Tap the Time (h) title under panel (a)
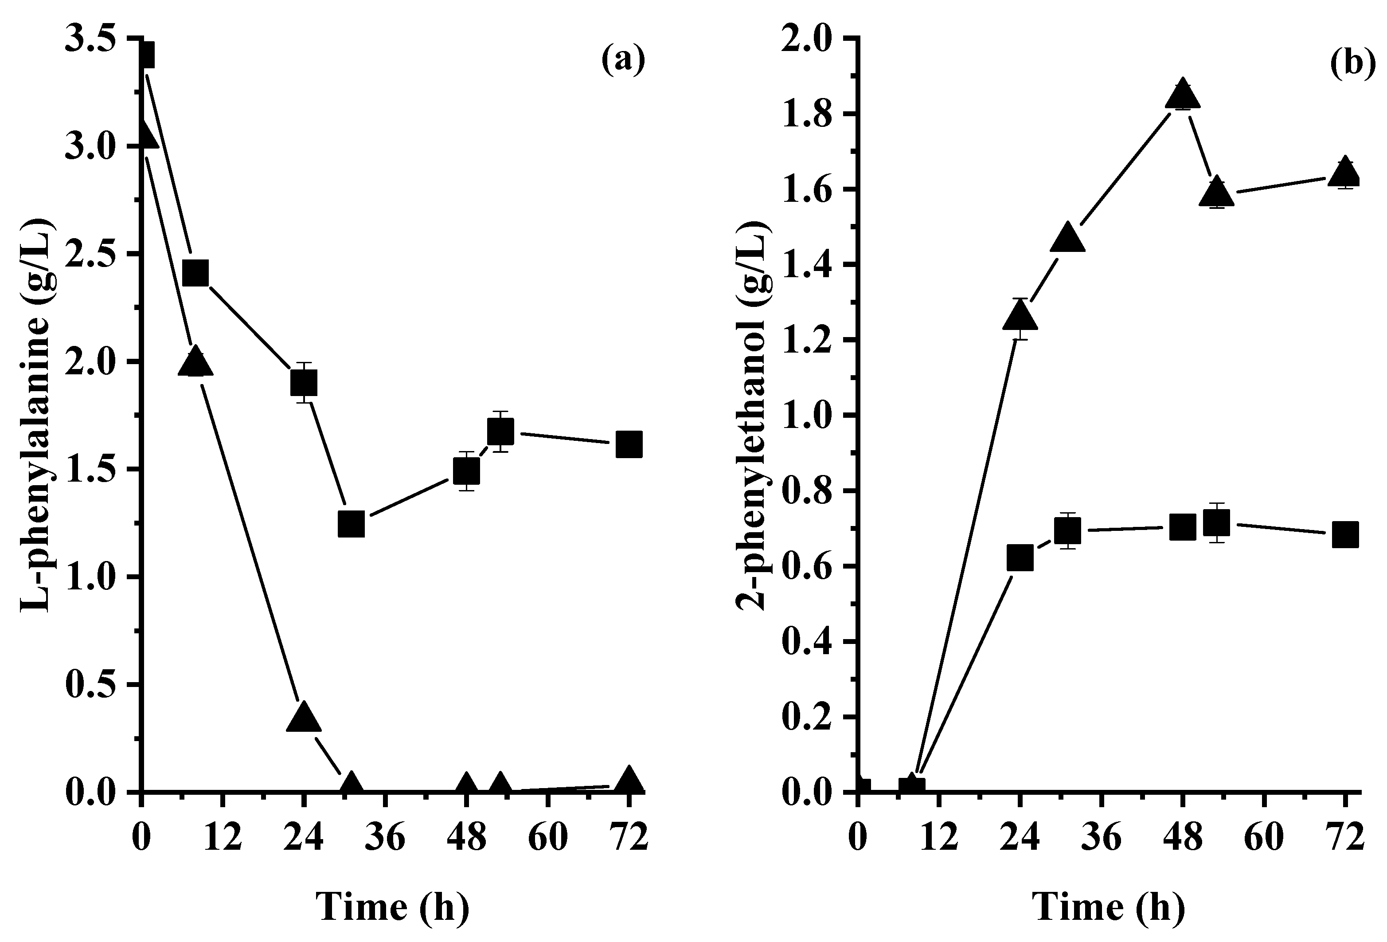click(392, 907)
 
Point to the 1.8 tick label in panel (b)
click(807, 114)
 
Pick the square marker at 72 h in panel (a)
click(629, 445)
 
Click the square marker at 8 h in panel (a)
click(195, 273)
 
